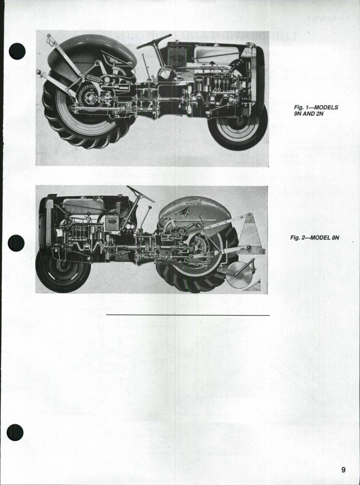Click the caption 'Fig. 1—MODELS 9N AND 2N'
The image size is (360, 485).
coord(316,110)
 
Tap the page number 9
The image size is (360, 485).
coord(343,470)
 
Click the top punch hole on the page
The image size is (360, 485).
coord(17,52)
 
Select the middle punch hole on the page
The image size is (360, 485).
coord(16,243)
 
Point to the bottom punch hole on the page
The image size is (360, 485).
coord(15,432)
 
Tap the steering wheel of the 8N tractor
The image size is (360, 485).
coord(140,193)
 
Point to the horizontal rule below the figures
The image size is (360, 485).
coord(188,315)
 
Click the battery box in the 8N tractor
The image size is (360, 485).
coord(112,222)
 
